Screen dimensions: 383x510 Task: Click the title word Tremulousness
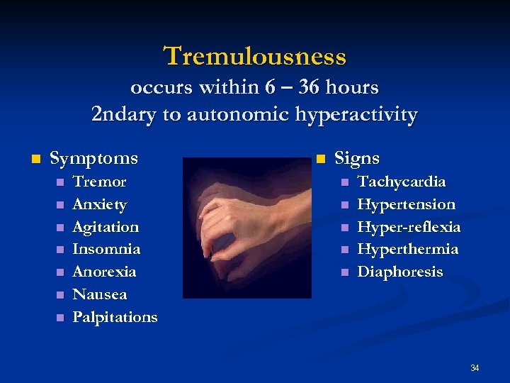(255, 55)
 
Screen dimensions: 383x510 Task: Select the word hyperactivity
(358, 114)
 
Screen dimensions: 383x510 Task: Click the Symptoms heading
(94, 157)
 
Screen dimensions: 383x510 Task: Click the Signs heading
(357, 157)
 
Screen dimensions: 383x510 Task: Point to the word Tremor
(99, 182)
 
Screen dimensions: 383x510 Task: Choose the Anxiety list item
(100, 204)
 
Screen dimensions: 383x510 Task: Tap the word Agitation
(106, 227)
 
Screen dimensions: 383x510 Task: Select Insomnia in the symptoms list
(106, 249)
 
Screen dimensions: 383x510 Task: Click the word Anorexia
(104, 272)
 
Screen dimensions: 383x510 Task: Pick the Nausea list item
(100, 294)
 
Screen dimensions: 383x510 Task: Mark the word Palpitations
(115, 317)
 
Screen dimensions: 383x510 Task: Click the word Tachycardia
(402, 182)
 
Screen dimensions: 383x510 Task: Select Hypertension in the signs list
(407, 204)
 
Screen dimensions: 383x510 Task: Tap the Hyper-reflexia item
(409, 227)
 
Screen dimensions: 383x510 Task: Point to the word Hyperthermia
(408, 249)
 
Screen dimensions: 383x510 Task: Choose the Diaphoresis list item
(400, 272)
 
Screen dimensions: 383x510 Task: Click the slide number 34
(475, 367)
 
